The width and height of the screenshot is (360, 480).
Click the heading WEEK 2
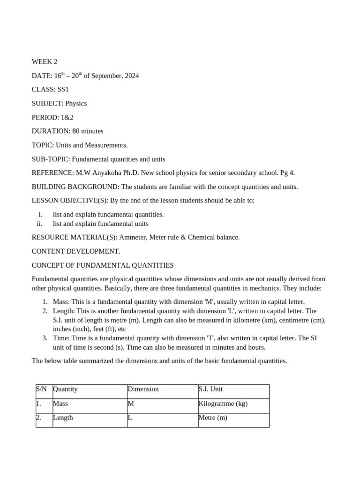[45, 62]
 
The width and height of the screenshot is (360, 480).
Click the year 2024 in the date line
[132, 76]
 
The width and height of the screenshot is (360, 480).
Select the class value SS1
[63, 90]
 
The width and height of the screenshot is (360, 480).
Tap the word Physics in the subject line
[76, 104]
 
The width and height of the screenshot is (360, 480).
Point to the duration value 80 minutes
[88, 131]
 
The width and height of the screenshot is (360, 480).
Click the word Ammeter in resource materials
[133, 237]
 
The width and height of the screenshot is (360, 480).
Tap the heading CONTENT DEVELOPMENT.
[76, 251]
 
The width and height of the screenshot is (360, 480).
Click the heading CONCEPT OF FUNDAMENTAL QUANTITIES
[103, 265]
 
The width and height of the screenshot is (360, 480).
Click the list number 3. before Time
[45, 338]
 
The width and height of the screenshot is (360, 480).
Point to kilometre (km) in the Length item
[258, 320]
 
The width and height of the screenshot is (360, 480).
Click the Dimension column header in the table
[143, 389]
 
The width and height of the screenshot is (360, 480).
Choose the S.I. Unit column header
[210, 389]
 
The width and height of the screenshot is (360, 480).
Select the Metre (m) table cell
[213, 418]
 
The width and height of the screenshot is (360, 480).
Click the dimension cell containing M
[131, 404]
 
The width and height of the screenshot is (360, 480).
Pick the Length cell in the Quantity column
[63, 418]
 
